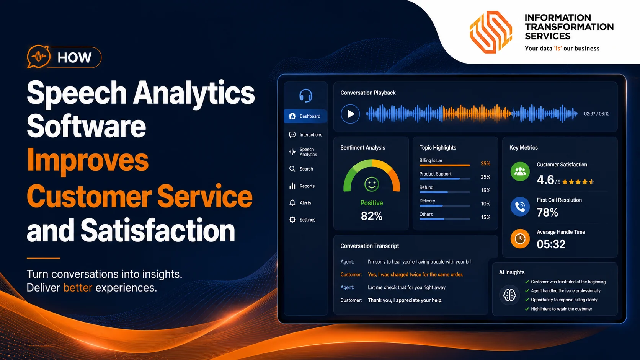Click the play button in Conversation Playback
coord(350,114)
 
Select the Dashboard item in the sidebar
coord(305,116)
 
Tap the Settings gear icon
coord(292,220)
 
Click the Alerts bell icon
coord(292,203)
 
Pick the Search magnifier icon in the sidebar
coord(292,169)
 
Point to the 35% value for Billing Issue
coord(485,164)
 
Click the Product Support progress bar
coord(444,179)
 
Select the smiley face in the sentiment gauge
coord(372,184)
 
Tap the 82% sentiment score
coord(371,216)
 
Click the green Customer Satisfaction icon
coord(520,171)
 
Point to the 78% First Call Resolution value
coord(547,212)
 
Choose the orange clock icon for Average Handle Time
coord(520,238)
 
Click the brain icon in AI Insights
coord(509,295)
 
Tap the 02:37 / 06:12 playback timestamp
coord(597,114)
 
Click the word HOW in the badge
coord(74,58)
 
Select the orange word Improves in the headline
coord(87,160)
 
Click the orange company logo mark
coord(491,32)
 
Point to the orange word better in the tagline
coord(78,287)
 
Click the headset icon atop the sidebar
coord(306,95)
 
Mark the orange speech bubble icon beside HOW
coord(39,57)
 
